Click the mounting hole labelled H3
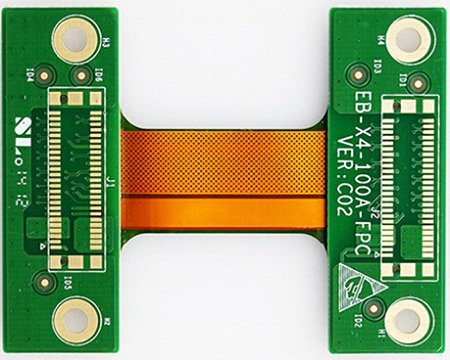75,40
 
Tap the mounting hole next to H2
75,321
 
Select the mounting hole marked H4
408,40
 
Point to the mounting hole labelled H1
408,320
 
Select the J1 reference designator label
109,183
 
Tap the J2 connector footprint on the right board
411,180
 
